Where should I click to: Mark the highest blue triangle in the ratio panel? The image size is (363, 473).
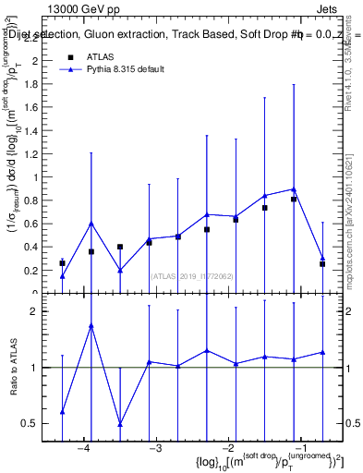coord(91,326)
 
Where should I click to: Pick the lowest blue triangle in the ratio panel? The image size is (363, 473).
coord(120,424)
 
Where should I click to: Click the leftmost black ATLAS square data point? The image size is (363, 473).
coord(62,263)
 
